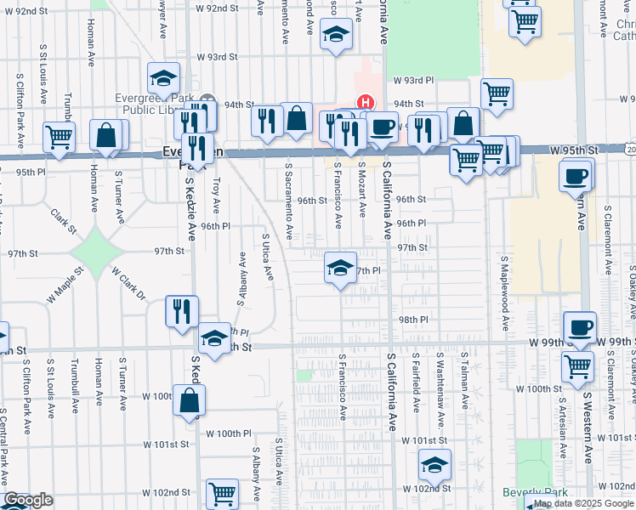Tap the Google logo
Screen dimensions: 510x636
pos(28,501)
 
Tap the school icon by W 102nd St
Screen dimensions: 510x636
pos(434,464)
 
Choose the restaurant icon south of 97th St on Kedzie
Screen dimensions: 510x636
pos(182,310)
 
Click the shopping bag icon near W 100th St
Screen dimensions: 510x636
pos(188,399)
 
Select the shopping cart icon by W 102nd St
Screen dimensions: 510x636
pos(222,492)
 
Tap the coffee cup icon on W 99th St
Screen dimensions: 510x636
pos(580,327)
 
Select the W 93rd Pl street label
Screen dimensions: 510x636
pos(413,80)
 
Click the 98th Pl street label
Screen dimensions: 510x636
pos(412,320)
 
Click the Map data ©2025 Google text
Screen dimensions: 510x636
pos(582,503)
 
